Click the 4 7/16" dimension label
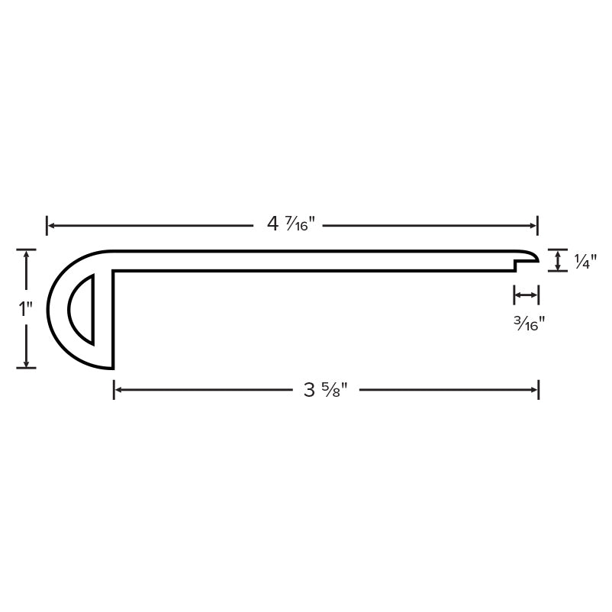click(x=291, y=224)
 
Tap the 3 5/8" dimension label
click(x=326, y=389)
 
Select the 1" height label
click(x=26, y=309)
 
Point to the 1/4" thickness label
click(x=585, y=261)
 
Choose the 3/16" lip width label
click(x=529, y=324)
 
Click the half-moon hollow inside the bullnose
click(x=81, y=310)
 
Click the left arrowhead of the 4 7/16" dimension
click(x=50, y=226)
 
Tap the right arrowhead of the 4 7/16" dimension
click(x=534, y=226)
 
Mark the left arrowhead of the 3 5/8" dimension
click(x=118, y=389)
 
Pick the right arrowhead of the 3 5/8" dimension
click(x=534, y=389)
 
